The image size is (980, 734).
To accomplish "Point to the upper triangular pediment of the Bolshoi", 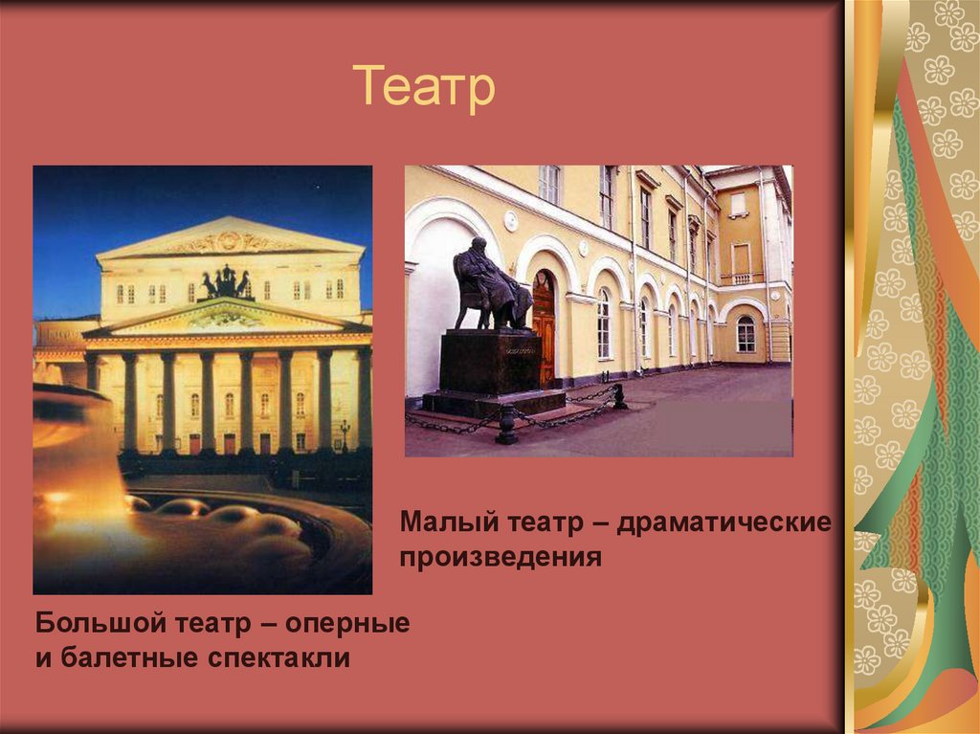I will (x=230, y=238).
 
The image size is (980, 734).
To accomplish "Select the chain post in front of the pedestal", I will (x=507, y=424).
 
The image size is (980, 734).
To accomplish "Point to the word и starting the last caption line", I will (x=43, y=658).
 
